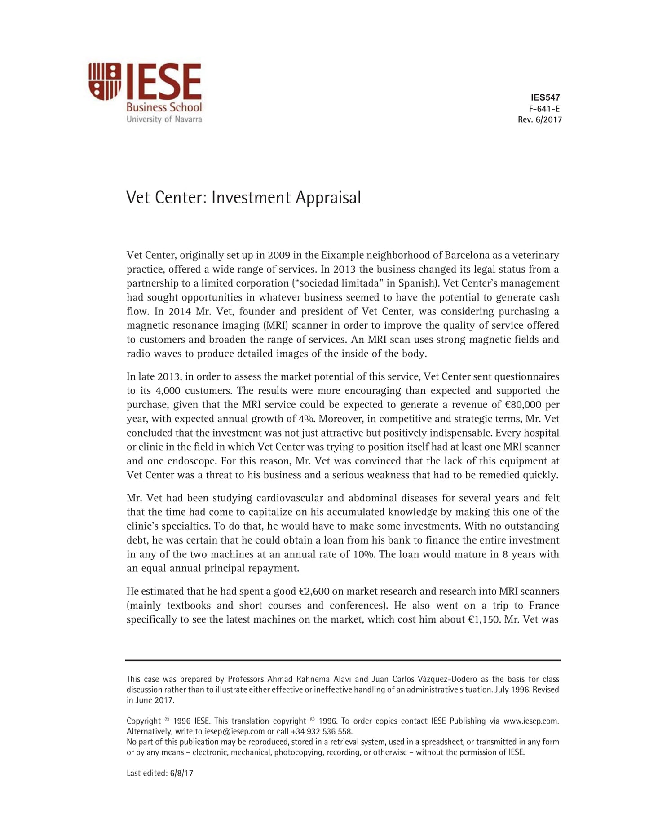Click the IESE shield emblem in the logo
[x=105, y=81]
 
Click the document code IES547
[x=545, y=97]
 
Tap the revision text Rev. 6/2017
[x=539, y=119]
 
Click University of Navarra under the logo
[x=164, y=119]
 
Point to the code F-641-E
[x=544, y=109]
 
